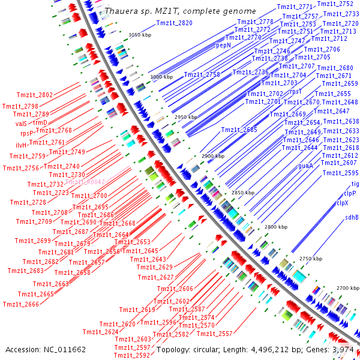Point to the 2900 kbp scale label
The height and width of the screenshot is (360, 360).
212,156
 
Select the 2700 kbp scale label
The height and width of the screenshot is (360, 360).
347,289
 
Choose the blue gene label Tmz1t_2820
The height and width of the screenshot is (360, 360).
174,23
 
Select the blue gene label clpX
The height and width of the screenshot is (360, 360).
342,203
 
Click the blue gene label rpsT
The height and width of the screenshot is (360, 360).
296,91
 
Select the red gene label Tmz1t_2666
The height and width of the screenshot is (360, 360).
20,304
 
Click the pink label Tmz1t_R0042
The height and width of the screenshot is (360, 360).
85,182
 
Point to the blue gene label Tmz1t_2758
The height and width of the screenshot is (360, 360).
202,74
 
